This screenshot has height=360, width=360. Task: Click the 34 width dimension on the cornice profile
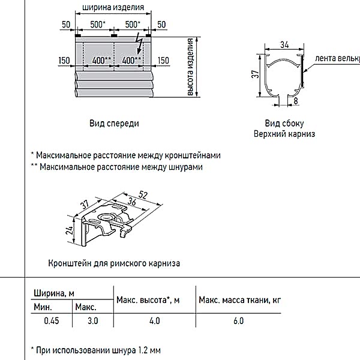[284, 44]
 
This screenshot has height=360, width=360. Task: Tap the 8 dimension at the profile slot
[295, 101]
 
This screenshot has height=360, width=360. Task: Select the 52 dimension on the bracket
[143, 195]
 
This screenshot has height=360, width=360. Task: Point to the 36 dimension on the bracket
[132, 202]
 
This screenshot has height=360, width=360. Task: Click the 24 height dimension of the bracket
[70, 230]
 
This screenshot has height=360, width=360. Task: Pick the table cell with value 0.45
[52, 321]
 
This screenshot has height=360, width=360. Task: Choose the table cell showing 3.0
[93, 321]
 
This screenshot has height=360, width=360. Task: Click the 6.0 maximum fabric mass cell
[238, 321]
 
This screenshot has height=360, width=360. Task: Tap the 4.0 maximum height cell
[155, 321]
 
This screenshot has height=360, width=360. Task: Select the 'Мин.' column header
[43, 307]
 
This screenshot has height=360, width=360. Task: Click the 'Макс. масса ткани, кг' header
[239, 300]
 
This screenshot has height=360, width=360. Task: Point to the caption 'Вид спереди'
[114, 124]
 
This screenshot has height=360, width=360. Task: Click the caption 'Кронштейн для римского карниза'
[114, 263]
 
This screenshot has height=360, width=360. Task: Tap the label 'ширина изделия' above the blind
[113, 7]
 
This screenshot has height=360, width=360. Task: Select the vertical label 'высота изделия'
[190, 67]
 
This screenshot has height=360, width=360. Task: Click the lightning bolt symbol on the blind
[139, 43]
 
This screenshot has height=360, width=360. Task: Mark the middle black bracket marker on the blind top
[114, 35]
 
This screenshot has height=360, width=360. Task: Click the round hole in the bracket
[106, 217]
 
